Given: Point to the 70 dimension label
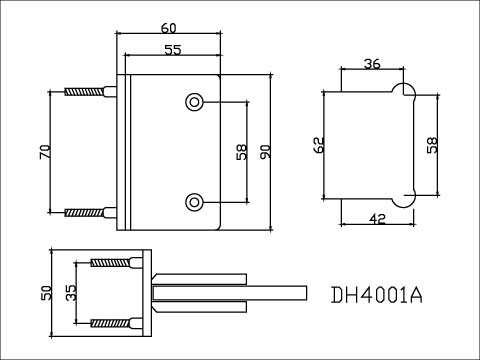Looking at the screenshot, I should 43,153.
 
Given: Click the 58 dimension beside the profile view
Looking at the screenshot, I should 431,146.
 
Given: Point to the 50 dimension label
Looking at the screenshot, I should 44,294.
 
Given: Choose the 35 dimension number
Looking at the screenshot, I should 70,293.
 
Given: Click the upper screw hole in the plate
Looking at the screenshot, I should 194,102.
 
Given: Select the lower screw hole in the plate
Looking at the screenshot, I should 194,201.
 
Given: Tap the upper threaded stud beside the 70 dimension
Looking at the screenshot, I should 88,92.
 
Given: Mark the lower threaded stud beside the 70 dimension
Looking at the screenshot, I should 88,211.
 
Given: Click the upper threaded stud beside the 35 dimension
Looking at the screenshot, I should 113,263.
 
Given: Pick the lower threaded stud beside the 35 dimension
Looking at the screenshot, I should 113,323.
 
